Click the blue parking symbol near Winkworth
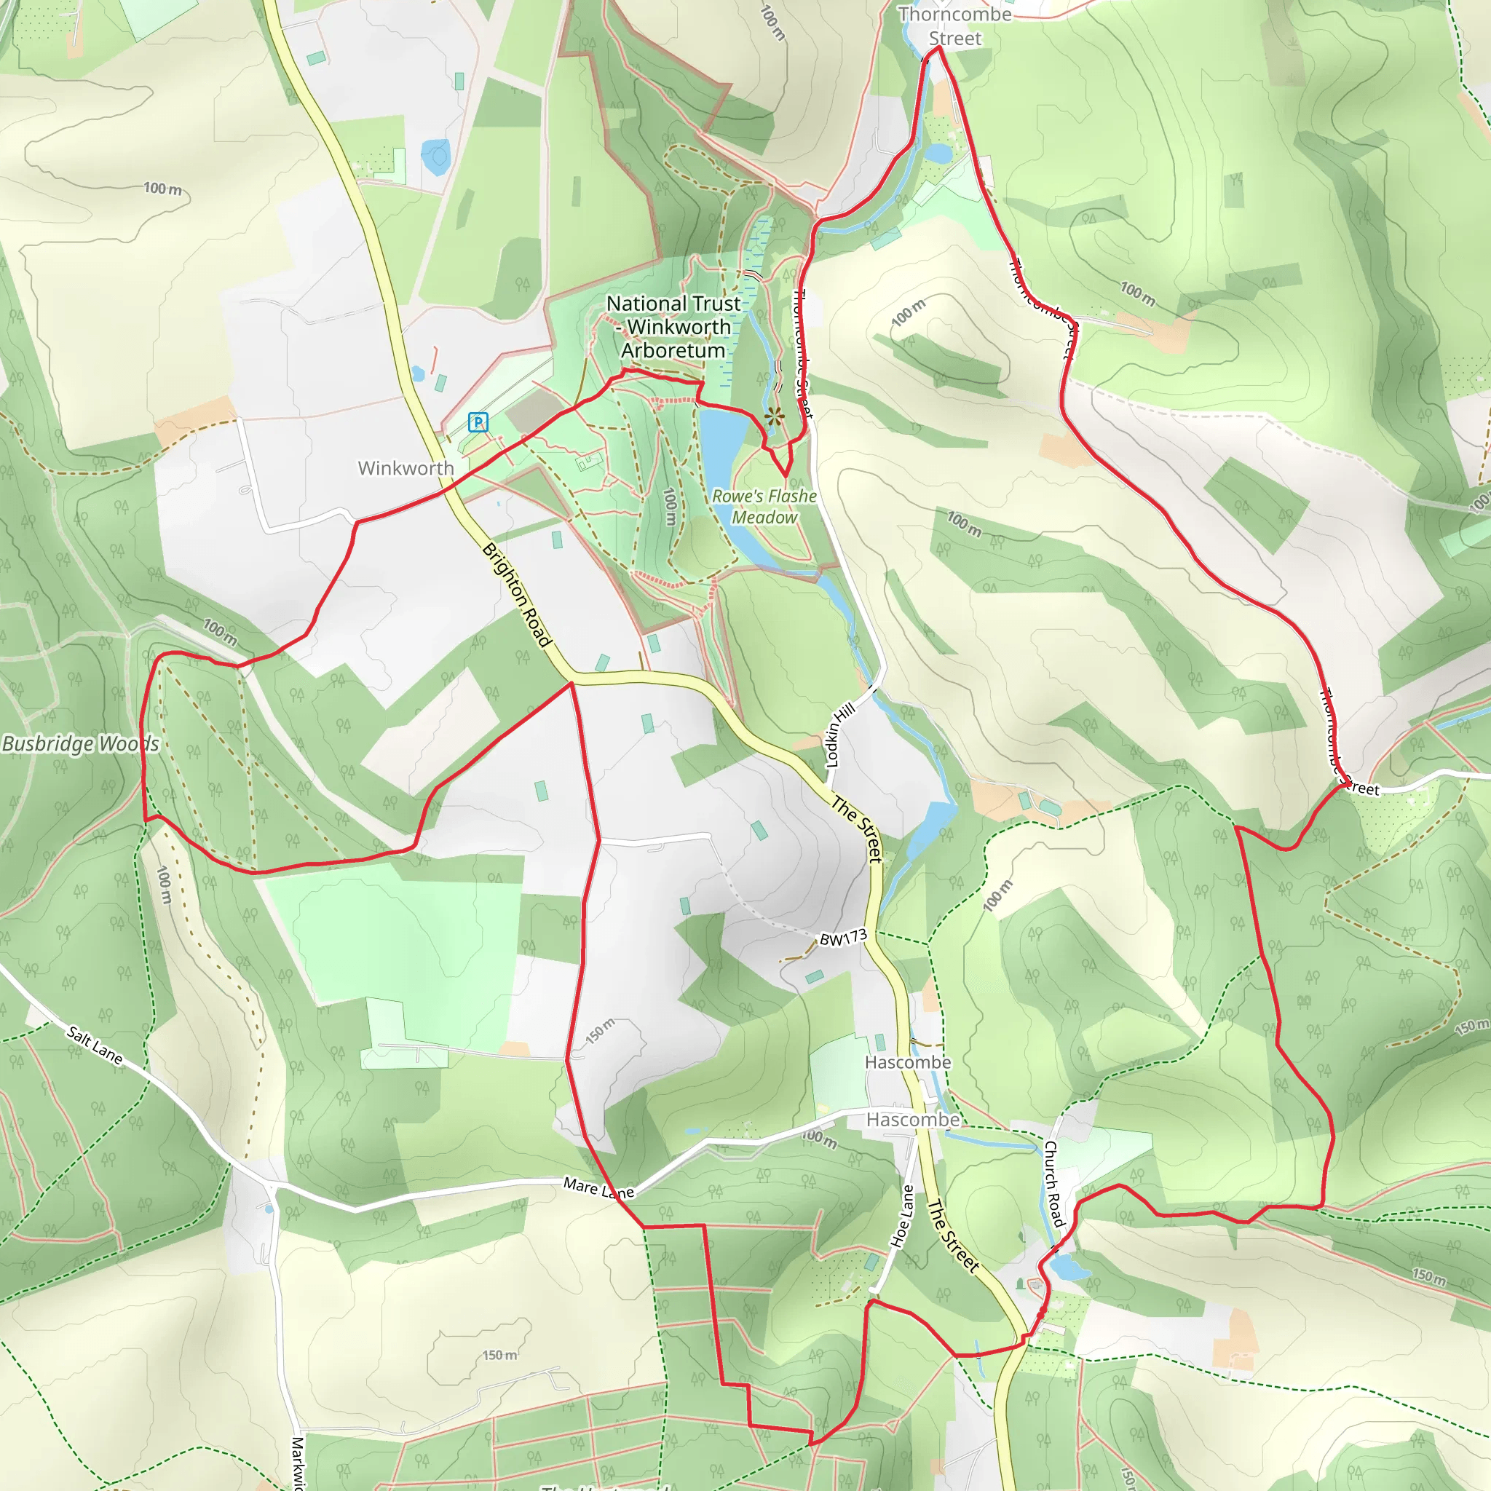pos(478,422)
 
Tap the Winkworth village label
pos(406,467)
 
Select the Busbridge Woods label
pos(80,743)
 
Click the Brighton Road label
pos(516,594)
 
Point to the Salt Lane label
pos(94,1045)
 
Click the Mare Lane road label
pos(598,1187)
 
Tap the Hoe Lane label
pos(902,1216)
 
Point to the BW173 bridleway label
pos(843,938)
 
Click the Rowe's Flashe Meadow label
pos(764,506)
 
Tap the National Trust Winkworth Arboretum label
pos(673,326)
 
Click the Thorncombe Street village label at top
pos(954,26)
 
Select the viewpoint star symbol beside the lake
pos(774,417)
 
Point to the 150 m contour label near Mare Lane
pos(600,1030)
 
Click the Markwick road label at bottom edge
pos(298,1463)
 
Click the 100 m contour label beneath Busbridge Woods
pos(165,885)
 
